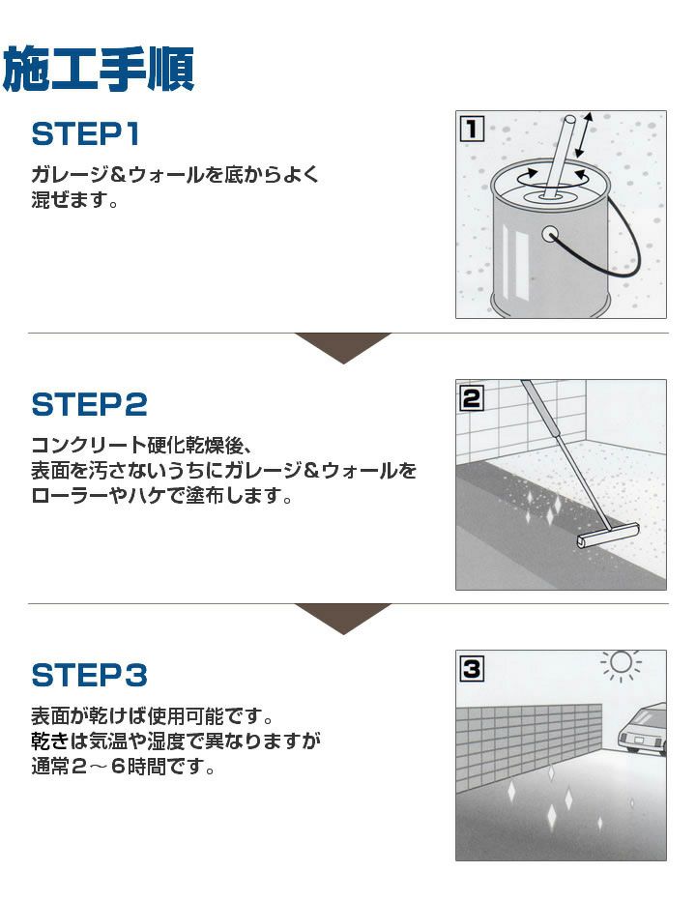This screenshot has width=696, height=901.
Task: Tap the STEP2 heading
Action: tap(89, 404)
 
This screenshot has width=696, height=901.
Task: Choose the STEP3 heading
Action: tap(89, 674)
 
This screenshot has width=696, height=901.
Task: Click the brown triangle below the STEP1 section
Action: tap(343, 346)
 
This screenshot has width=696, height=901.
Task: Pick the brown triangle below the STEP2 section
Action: tap(343, 617)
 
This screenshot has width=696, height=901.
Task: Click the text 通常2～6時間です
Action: tap(123, 769)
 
